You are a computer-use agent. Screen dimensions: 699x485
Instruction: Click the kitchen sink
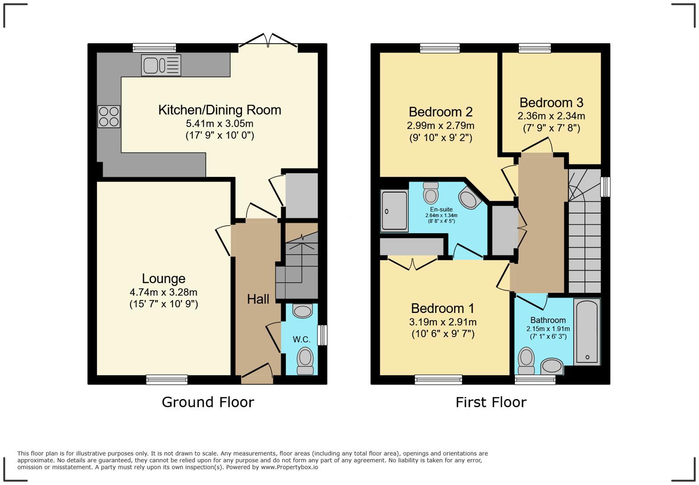161,65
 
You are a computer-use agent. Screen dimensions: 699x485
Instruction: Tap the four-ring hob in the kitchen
109,116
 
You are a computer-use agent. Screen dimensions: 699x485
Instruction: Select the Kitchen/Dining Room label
220,110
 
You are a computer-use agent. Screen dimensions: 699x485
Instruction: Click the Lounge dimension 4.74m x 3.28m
164,292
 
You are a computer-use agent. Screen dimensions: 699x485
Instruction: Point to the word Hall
258,299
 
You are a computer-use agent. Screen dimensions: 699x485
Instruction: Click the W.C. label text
301,339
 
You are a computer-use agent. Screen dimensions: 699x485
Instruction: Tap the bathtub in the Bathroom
587,332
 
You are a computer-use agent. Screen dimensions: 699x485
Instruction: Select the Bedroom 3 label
551,103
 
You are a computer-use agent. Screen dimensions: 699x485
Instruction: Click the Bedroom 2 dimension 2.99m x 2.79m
440,125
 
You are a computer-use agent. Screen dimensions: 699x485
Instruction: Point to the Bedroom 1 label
443,308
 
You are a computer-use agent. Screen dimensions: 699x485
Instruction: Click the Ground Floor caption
208,402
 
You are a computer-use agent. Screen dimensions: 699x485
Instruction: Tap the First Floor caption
491,402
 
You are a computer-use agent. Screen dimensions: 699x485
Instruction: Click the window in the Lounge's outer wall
167,379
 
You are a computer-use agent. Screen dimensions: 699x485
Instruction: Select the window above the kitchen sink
154,48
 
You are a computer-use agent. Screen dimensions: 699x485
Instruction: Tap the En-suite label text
441,210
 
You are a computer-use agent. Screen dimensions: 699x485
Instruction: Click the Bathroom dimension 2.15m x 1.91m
548,329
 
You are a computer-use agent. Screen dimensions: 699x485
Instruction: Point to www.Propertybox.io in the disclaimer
289,467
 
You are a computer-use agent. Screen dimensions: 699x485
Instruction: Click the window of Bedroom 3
535,48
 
